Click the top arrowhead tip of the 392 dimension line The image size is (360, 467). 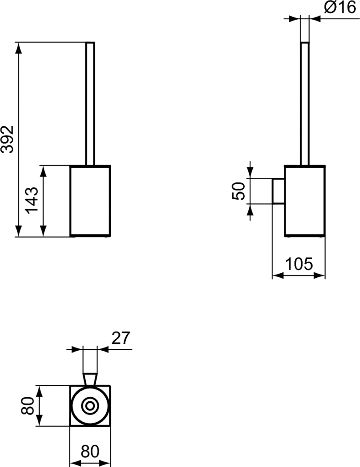pos(18,42)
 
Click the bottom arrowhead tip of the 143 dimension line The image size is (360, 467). pos(43,237)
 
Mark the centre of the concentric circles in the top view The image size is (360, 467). pos(90,405)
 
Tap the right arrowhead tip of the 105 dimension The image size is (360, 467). pos(325,276)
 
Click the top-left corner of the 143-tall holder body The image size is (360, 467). pos(70,166)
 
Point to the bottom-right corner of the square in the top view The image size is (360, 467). pos(110,426)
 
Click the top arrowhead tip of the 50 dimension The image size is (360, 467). pos(250,178)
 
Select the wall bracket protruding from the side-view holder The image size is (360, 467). pos(278,191)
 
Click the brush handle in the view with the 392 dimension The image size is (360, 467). pos(90,104)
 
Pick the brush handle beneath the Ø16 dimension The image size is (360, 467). pos(305,104)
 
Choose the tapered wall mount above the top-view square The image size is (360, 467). pos(90,379)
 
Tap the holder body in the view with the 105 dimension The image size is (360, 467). pos(305,201)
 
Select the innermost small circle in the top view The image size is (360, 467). pos(90,405)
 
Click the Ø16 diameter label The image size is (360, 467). pos(340,7)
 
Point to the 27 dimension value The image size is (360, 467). pos(121,338)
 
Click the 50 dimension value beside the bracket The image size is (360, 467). pos(238,191)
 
